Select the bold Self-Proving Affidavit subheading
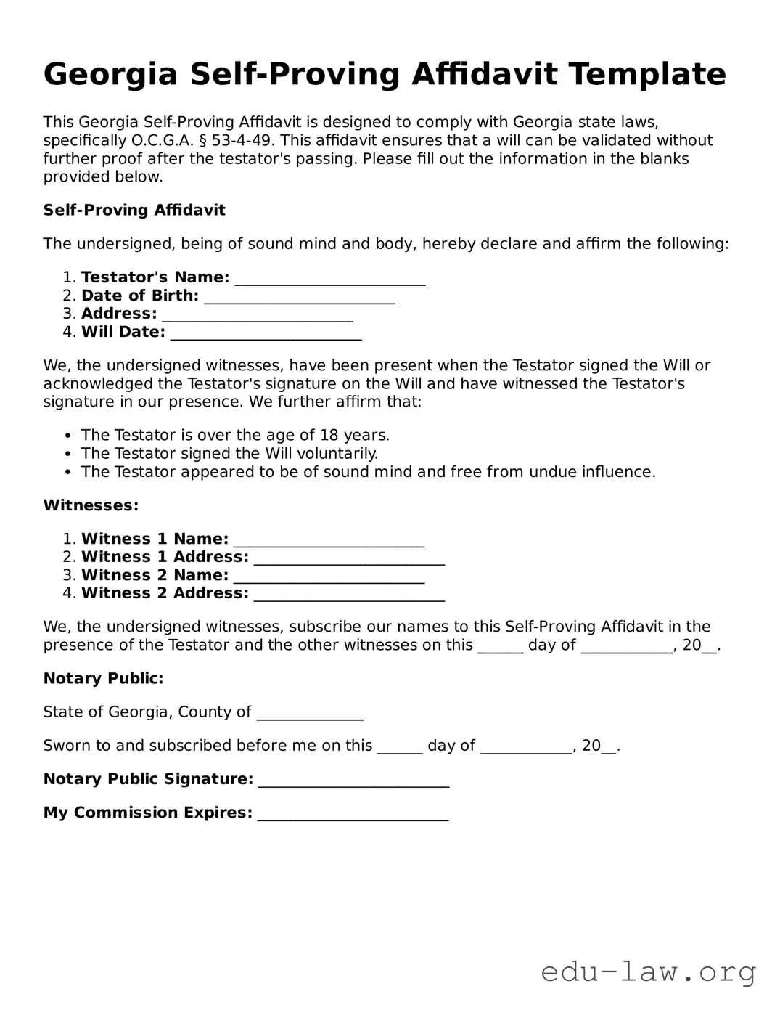[x=134, y=210]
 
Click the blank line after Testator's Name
[x=330, y=279]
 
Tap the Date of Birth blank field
[x=299, y=297]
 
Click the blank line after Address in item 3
[x=258, y=315]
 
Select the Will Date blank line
[x=266, y=333]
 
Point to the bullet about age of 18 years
[x=235, y=435]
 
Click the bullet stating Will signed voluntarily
[x=229, y=453]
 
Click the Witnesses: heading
[x=91, y=505]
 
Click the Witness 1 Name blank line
[x=329, y=540]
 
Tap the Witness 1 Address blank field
[x=349, y=558]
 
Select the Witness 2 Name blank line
[x=329, y=577]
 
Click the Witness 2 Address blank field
[x=349, y=595]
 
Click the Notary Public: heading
[x=103, y=678]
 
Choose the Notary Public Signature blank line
[x=353, y=781]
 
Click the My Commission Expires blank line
[x=353, y=814]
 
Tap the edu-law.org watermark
[x=648, y=971]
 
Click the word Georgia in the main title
[x=110, y=74]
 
